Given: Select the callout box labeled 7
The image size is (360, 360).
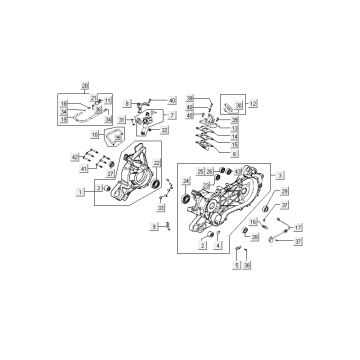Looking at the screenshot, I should [x=172, y=116].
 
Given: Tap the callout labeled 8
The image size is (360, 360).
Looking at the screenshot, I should [x=129, y=103].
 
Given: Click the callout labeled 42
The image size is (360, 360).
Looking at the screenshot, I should [x=73, y=158].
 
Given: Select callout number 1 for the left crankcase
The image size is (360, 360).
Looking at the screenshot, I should [x=79, y=190].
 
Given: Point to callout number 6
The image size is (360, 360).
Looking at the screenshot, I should [x=234, y=155].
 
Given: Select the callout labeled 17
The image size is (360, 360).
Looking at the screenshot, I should [x=297, y=228].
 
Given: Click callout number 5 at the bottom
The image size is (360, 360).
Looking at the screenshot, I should [x=237, y=266].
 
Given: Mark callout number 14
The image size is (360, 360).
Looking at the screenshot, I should [x=234, y=137].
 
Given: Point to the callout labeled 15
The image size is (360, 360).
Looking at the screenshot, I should [x=234, y=146].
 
